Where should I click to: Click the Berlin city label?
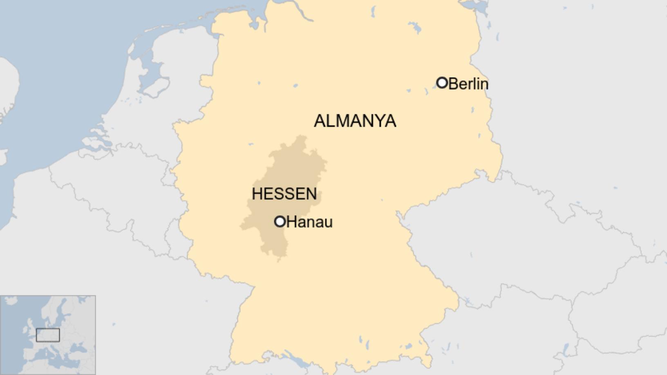(468, 84)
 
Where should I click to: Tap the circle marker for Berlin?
(442, 83)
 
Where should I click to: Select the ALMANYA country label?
(355, 121)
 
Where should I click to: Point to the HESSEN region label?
(284, 194)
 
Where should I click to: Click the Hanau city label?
(309, 222)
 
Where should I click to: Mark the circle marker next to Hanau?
(280, 221)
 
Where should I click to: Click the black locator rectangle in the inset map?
(48, 335)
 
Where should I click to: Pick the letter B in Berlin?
(453, 84)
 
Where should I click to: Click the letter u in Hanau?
(328, 223)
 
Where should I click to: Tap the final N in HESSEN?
(311, 194)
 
